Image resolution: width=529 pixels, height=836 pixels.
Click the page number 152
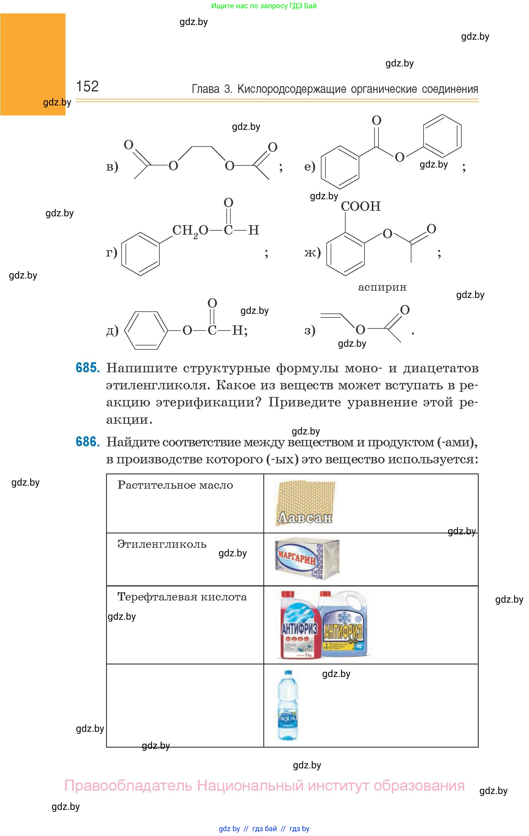pos(87,87)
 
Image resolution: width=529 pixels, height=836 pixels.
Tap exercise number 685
pos(87,368)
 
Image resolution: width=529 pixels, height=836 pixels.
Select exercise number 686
pos(87,442)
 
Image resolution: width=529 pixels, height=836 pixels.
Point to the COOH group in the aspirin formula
pos(360,207)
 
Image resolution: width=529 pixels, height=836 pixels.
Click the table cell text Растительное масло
pos(175,485)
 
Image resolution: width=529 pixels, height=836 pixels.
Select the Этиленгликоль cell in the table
pos(162,544)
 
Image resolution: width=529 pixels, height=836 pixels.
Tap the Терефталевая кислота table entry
pos(182,597)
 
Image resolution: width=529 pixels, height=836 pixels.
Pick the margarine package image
pos(306,559)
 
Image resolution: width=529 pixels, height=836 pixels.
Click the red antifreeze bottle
pos(299,625)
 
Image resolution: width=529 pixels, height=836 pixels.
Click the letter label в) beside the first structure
pos(112,167)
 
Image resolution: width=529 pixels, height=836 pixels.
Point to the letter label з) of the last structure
pos(310,330)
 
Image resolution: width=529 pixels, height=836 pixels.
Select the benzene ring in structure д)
pos(146,330)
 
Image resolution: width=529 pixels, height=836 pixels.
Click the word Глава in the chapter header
pos(206,89)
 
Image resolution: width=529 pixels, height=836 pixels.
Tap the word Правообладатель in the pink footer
pos(128,785)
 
